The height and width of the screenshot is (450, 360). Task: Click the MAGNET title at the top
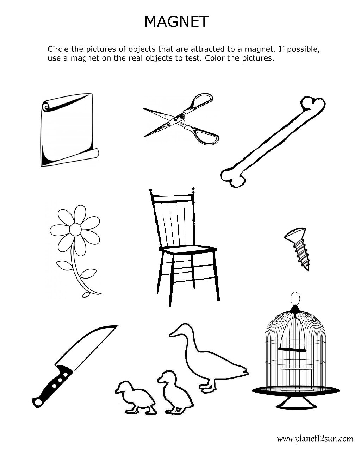[x=176, y=22]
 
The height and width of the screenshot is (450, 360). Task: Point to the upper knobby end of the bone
[x=314, y=105]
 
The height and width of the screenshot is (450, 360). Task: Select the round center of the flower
[x=75, y=230]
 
